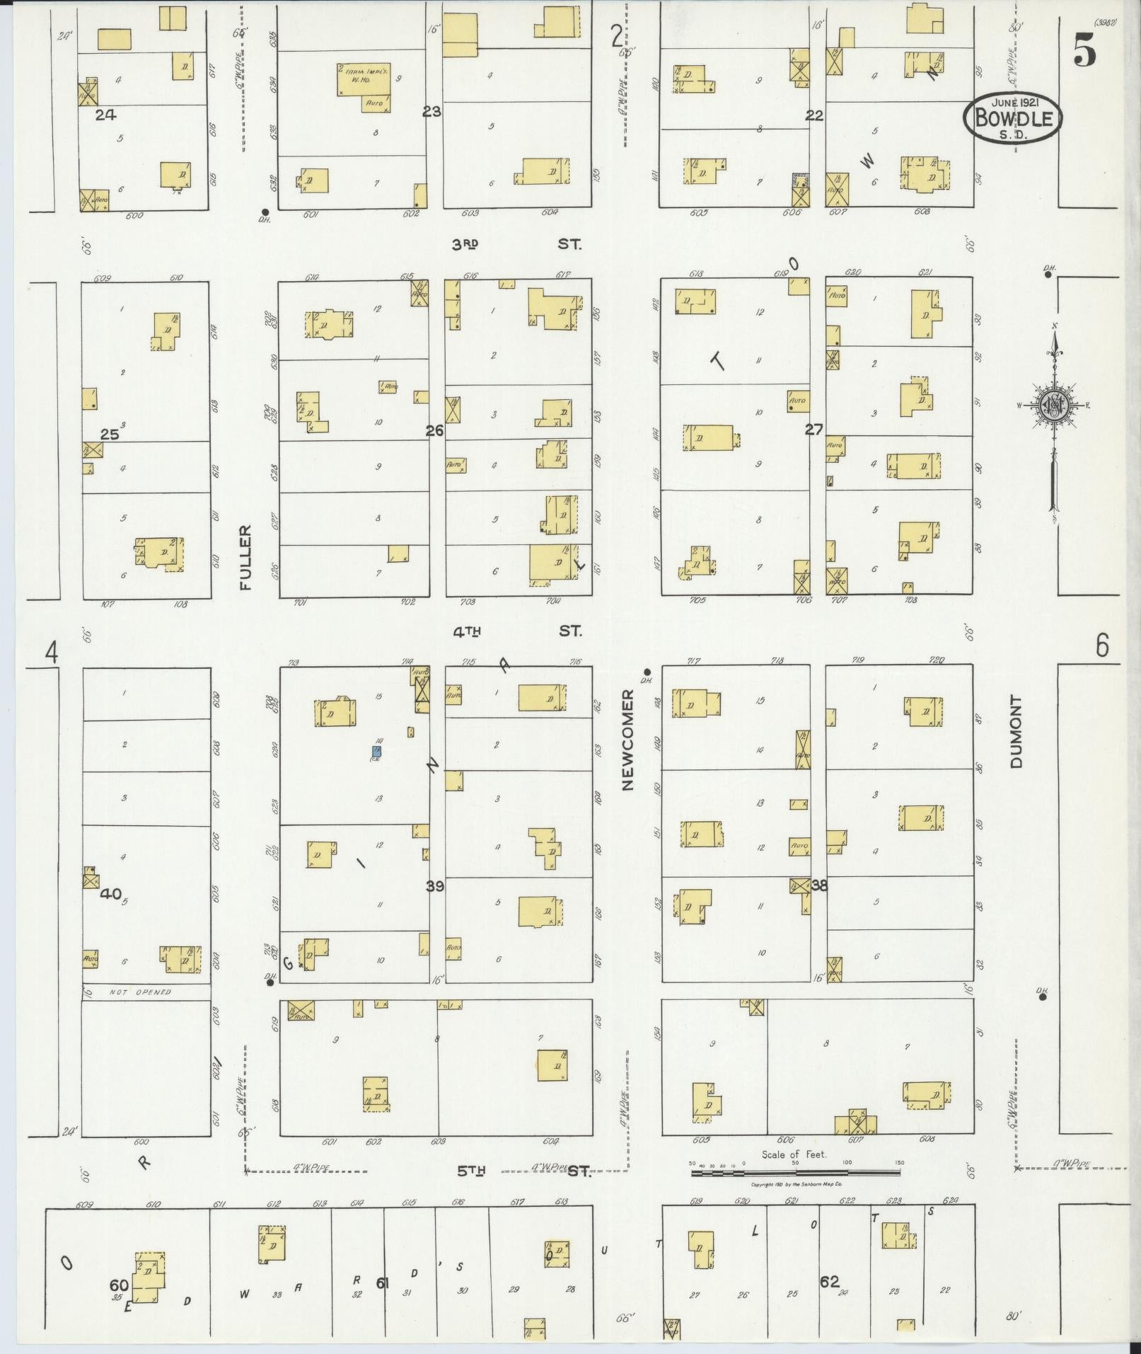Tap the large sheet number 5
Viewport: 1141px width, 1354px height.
point(1084,50)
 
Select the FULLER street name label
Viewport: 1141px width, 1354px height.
point(245,557)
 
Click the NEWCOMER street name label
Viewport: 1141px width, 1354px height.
point(628,740)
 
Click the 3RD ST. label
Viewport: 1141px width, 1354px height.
point(516,244)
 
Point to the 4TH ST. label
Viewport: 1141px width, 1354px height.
point(516,631)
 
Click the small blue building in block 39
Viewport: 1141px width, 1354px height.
point(378,750)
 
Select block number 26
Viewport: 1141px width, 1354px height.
point(434,430)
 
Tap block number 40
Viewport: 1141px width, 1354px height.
point(110,893)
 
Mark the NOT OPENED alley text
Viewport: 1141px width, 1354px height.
point(140,992)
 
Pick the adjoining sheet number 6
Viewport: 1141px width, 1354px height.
point(1101,646)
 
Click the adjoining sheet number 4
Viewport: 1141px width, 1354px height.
point(51,651)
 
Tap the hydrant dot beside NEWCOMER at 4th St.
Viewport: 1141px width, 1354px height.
point(647,672)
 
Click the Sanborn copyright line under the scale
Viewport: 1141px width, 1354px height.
point(796,1183)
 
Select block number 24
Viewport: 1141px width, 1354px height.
point(105,114)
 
